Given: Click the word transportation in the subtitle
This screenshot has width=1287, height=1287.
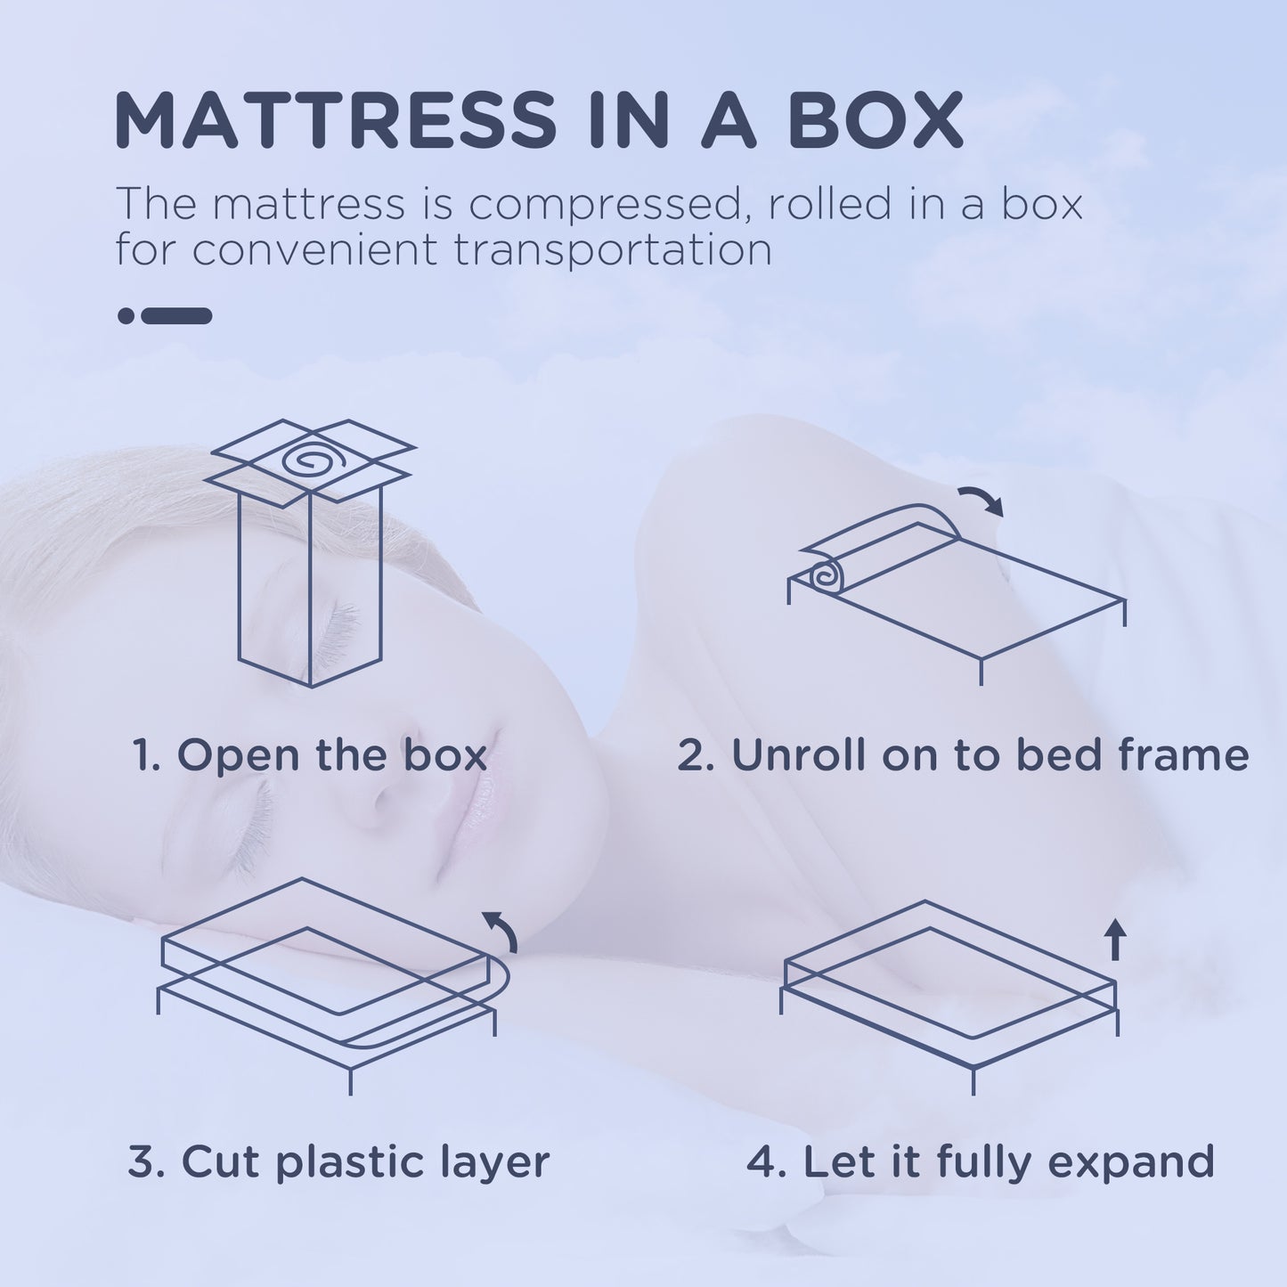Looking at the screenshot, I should (613, 250).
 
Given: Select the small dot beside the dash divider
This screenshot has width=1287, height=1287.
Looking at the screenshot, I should (126, 315).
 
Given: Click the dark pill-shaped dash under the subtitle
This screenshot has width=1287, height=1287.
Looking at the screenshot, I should (176, 315).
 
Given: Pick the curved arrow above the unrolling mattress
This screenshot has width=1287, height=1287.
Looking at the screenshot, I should (982, 501).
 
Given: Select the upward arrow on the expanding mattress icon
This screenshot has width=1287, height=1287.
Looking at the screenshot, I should (1115, 939).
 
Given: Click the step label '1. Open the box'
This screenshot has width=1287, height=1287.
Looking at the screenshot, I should (310, 755).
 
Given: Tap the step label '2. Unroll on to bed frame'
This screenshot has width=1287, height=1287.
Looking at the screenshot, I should (962, 755).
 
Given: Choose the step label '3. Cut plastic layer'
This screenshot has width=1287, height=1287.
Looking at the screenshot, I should (338, 1162).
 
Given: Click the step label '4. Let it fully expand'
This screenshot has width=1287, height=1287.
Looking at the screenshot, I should (980, 1162).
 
